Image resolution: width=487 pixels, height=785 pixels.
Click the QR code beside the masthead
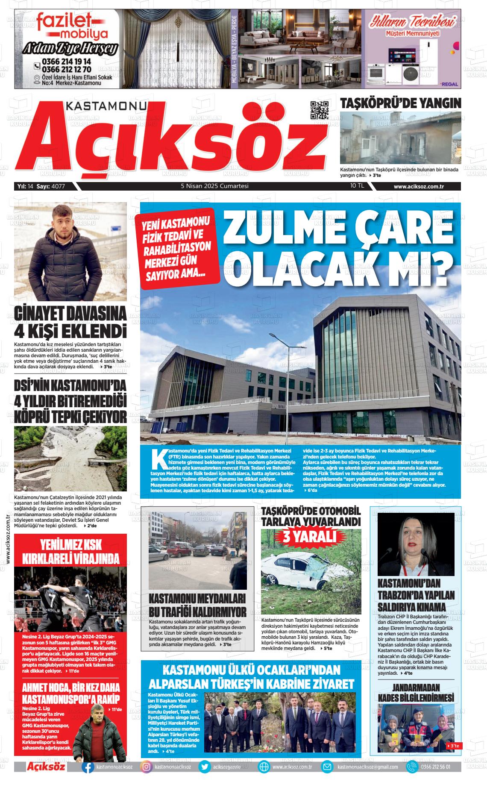click(320, 111)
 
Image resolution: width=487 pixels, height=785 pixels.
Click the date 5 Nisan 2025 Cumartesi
click(214, 186)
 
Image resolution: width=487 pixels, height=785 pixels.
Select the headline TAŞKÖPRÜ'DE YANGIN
click(400, 103)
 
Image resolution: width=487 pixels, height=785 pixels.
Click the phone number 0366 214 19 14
click(66, 62)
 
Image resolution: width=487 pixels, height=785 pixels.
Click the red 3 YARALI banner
click(311, 536)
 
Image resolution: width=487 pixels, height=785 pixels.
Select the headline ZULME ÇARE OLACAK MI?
click(336, 252)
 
